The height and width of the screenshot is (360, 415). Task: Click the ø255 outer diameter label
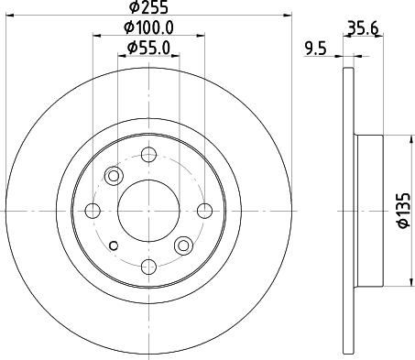pyautogui.click(x=149, y=9)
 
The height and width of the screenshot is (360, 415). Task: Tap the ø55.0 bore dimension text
pyautogui.click(x=149, y=47)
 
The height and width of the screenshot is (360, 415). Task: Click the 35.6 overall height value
pyautogui.click(x=364, y=27)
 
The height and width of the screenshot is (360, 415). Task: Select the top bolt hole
pyautogui.click(x=149, y=154)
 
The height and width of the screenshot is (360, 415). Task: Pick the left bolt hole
pyautogui.click(x=93, y=210)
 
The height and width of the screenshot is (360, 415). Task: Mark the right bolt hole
pyautogui.click(x=205, y=210)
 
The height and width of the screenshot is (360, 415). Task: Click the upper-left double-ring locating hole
pyautogui.click(x=115, y=175)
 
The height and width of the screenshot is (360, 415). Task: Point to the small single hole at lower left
pyautogui.click(x=114, y=245)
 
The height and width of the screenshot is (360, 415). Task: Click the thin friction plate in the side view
pyautogui.click(x=349, y=210)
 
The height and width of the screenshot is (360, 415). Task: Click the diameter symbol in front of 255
pyautogui.click(x=134, y=9)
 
